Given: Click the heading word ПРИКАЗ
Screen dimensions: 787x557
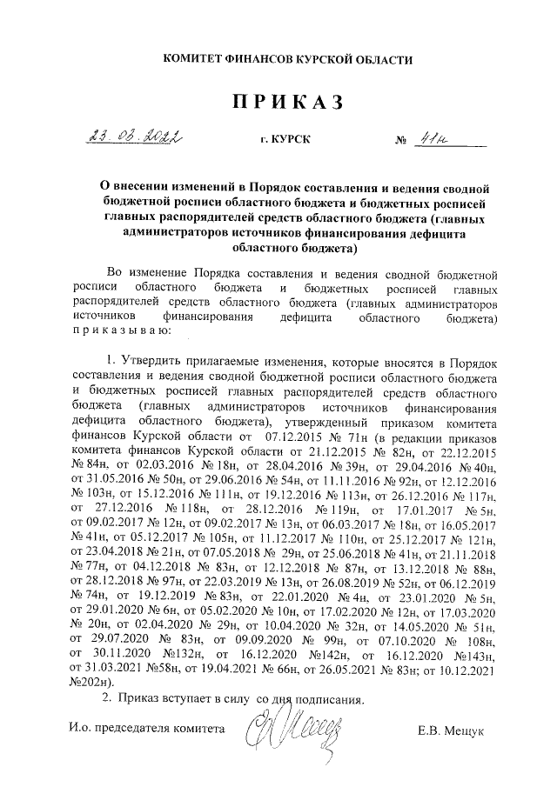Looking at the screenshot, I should coord(278,103).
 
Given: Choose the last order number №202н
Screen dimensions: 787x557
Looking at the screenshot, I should coord(87,683).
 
